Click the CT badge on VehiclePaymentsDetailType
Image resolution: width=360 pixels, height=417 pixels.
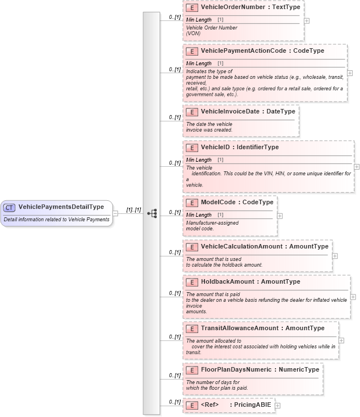[10, 208]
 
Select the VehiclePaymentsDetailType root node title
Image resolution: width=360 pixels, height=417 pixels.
[61, 208]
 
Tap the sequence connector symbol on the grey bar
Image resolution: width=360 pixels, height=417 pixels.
[152, 213]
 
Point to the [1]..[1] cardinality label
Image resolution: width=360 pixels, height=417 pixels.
[133, 210]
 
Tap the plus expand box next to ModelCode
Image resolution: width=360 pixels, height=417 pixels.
[279, 216]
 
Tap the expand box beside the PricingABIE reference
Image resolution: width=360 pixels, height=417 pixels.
[278, 405]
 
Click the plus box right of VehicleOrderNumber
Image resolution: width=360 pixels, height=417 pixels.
[307, 20]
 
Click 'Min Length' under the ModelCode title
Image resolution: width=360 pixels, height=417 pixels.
[199, 215]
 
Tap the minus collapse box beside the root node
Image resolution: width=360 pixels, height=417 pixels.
[115, 213]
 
